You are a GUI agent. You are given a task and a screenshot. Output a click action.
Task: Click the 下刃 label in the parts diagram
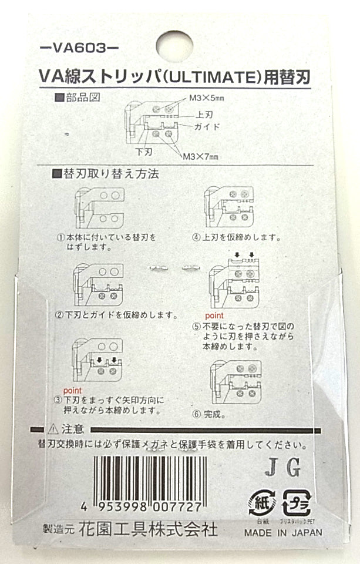pyautogui.click(x=144, y=152)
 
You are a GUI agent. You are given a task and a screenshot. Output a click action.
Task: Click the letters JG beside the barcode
pyautogui.click(x=283, y=468)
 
